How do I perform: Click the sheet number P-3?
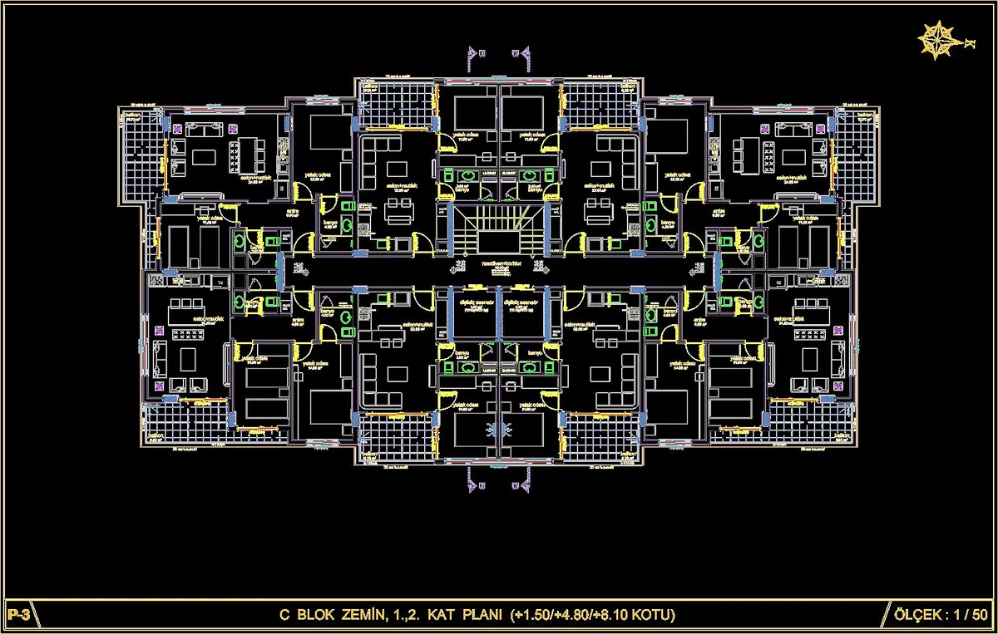(17, 616)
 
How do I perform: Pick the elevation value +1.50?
(534, 616)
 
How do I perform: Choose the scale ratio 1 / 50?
(968, 616)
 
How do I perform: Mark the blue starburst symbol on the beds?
(500, 428)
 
